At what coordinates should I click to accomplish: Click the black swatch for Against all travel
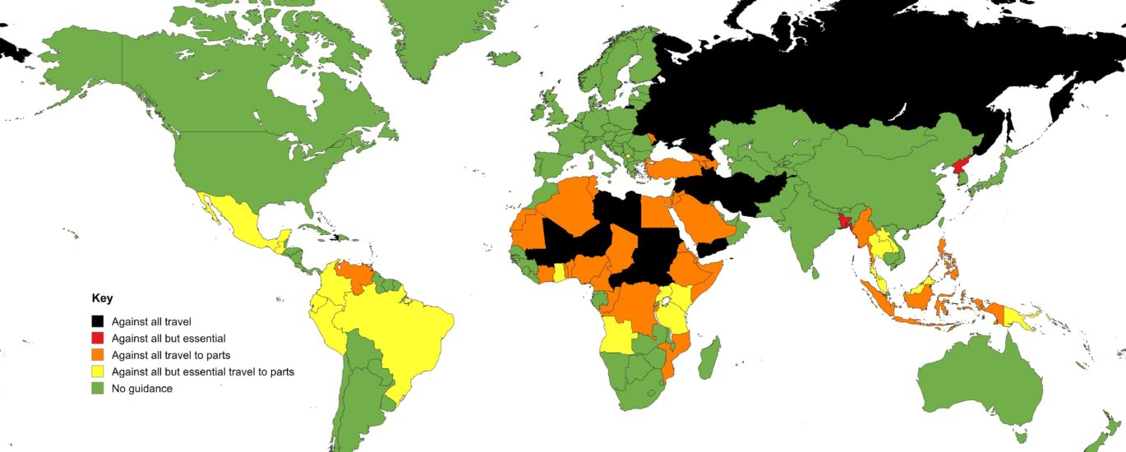pos(98,321)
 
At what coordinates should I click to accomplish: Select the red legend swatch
pos(98,338)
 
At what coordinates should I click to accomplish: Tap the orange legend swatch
pos(98,355)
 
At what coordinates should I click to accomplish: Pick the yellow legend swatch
pos(98,371)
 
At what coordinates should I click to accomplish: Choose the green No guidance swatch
pos(98,388)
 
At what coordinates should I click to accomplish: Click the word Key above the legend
pos(102,298)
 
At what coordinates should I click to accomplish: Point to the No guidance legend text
pos(142,388)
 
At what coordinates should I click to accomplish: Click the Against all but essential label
pos(168,338)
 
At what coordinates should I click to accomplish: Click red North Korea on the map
pos(960,171)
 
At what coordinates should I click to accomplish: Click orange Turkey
pos(670,169)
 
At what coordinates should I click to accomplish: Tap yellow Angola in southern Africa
pos(618,335)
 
